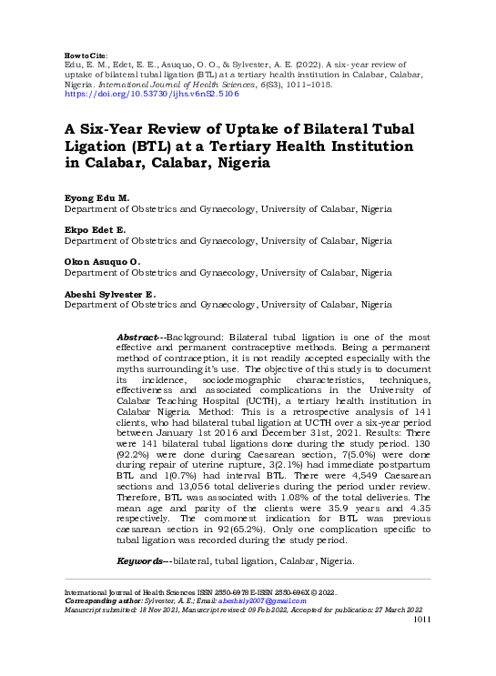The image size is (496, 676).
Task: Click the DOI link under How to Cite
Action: tap(150, 94)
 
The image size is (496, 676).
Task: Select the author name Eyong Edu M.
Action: tap(96, 197)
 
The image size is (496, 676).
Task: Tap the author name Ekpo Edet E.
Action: tap(95, 230)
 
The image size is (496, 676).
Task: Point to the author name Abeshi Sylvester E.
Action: tap(109, 294)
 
